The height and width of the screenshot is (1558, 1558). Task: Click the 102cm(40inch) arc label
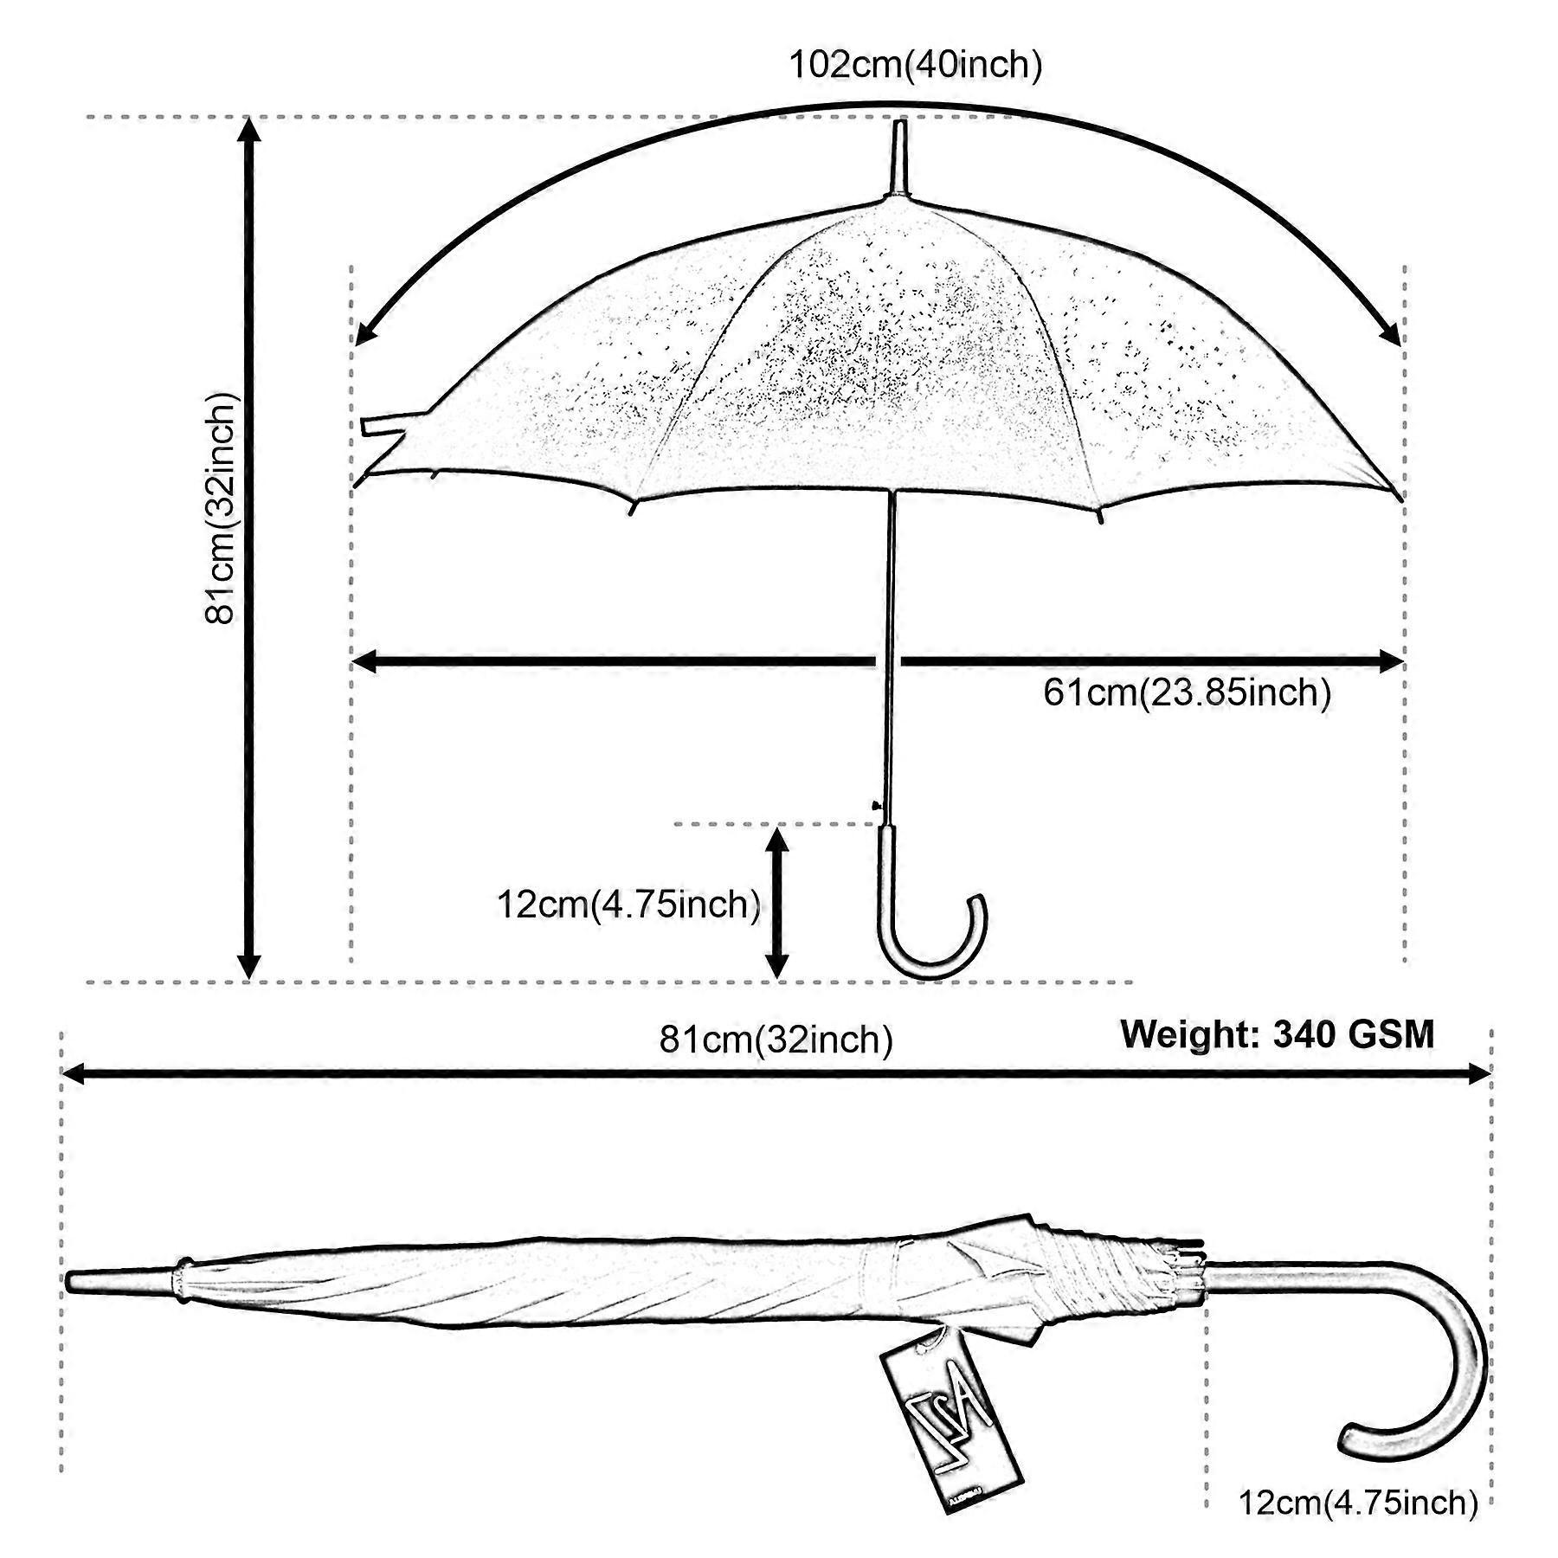coord(915,66)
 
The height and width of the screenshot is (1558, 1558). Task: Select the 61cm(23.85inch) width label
coord(1187,692)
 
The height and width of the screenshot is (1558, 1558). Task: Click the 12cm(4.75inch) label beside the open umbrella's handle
coord(628,905)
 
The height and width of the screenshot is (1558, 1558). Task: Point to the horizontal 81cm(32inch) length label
coord(776,1039)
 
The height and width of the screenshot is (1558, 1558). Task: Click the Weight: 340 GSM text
coord(1278,1034)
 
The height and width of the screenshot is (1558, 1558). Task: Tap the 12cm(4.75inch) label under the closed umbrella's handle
coord(1358,1502)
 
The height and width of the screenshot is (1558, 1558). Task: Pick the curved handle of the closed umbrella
coord(1420,1350)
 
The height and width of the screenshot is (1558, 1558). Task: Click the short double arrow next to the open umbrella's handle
coord(777,903)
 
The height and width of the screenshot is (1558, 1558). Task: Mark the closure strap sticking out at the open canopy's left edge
coord(385,425)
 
